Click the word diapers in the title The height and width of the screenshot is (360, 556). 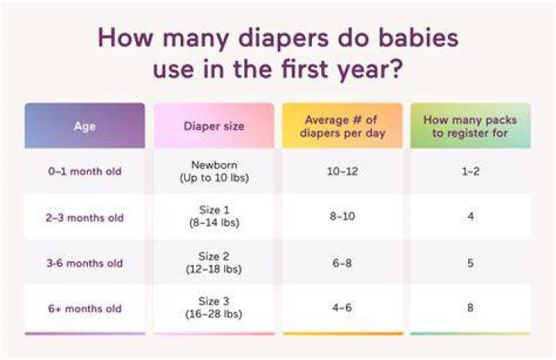283,39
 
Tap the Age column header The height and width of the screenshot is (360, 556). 85,126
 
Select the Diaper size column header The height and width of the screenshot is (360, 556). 214,126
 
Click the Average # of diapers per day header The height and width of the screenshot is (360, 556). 342,126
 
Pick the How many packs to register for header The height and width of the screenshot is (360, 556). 470,126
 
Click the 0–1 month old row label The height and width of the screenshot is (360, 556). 85,172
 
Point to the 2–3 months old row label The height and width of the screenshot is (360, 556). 85,217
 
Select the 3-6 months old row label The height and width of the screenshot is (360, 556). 85,263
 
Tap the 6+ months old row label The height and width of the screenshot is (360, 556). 85,308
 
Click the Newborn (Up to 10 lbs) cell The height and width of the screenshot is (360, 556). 214,172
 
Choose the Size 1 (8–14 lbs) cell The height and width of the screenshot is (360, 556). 214,216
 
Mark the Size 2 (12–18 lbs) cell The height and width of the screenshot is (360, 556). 214,263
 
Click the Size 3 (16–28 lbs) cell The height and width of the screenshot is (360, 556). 214,307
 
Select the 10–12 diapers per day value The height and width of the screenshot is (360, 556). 342,172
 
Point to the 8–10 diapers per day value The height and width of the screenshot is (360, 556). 342,216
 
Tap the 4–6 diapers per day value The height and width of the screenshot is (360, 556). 342,307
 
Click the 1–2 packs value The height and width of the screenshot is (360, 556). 470,172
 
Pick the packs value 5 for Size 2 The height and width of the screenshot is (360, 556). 470,263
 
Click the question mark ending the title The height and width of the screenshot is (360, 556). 396,69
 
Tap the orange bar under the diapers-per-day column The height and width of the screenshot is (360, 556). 343,334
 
